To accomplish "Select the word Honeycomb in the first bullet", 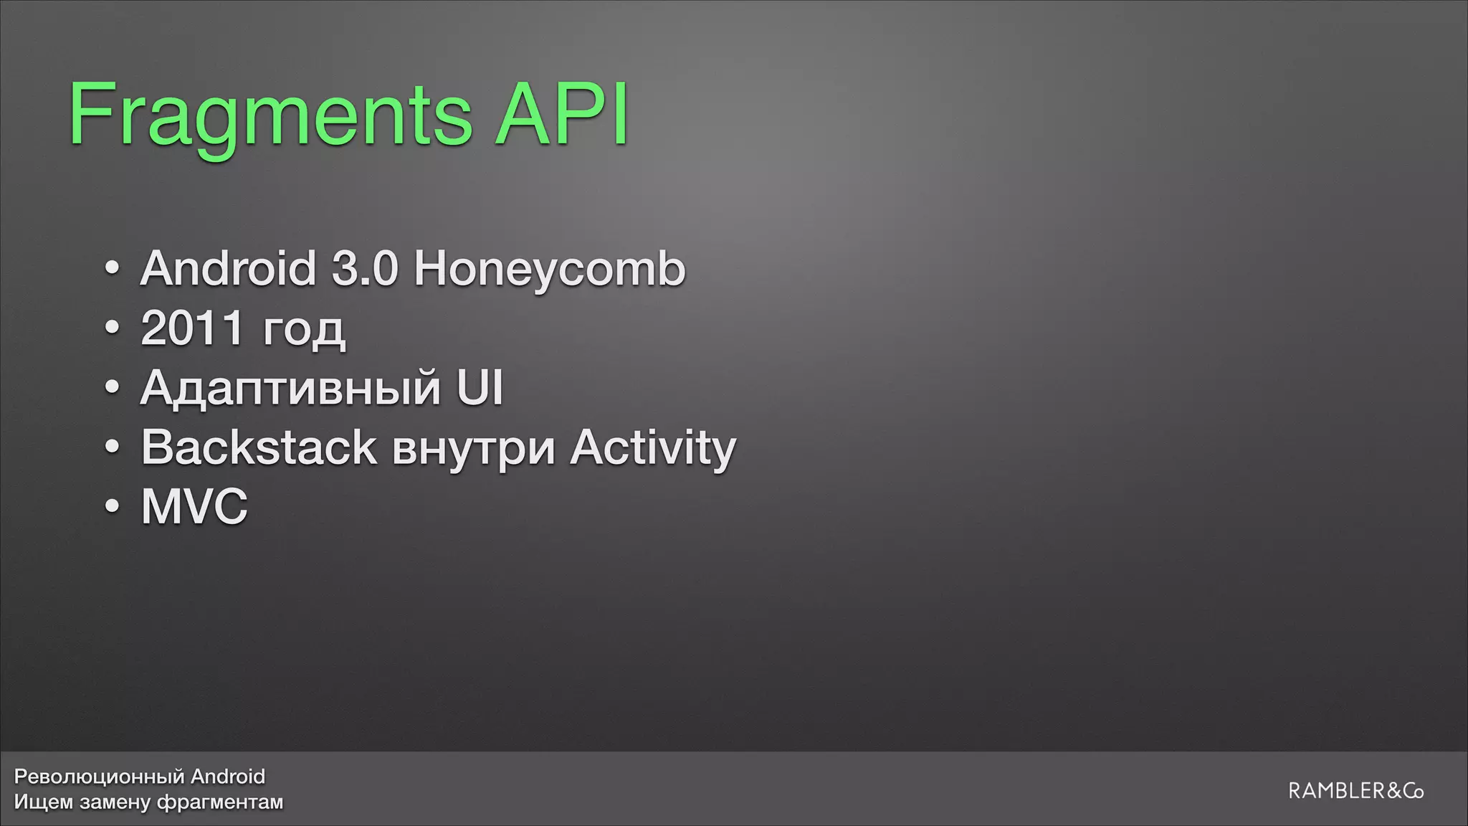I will tap(549, 270).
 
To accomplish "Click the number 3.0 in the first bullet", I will tap(364, 269).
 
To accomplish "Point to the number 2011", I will tap(192, 328).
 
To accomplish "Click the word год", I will tap(304, 331).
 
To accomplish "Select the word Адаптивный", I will tap(290, 389).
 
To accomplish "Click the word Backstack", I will tap(259, 447).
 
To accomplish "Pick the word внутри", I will tap(474, 449).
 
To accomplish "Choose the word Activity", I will tap(653, 449).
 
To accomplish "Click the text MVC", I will tap(194, 507).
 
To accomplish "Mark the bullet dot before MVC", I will tap(112, 507).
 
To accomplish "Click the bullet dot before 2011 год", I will tap(112, 328).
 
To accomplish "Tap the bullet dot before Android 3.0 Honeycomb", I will tap(112, 269).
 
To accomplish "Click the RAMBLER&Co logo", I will tap(1355, 792).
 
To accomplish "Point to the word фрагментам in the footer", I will tap(219, 802).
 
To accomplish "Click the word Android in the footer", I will tap(228, 777).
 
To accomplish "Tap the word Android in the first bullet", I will tap(228, 269).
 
